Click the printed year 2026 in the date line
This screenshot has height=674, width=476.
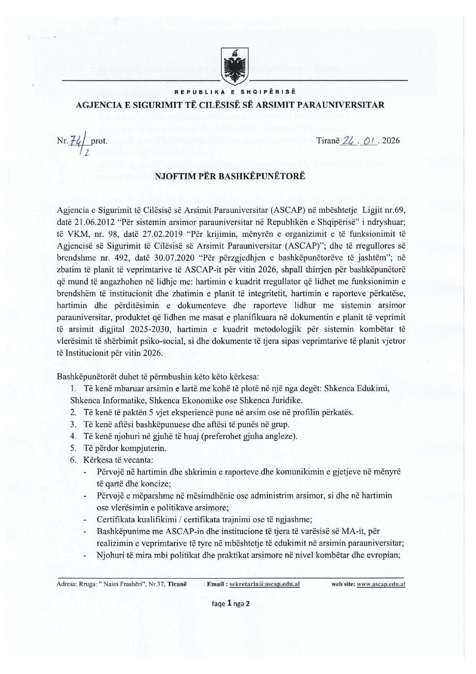[391, 141]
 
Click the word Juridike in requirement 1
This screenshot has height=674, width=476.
[287, 400]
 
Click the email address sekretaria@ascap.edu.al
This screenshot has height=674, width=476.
[264, 584]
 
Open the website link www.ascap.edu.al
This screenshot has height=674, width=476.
[381, 584]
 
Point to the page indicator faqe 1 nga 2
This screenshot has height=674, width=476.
[231, 603]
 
